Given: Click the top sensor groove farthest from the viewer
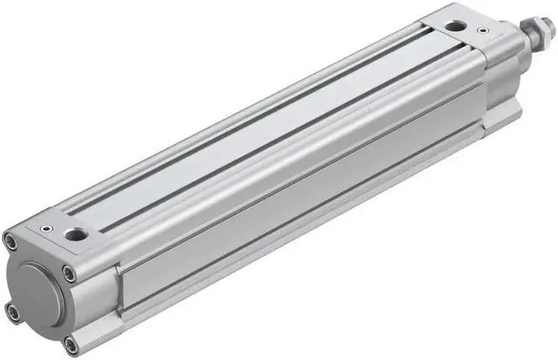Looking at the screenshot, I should [253, 113].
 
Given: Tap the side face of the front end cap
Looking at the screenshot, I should [497, 87].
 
